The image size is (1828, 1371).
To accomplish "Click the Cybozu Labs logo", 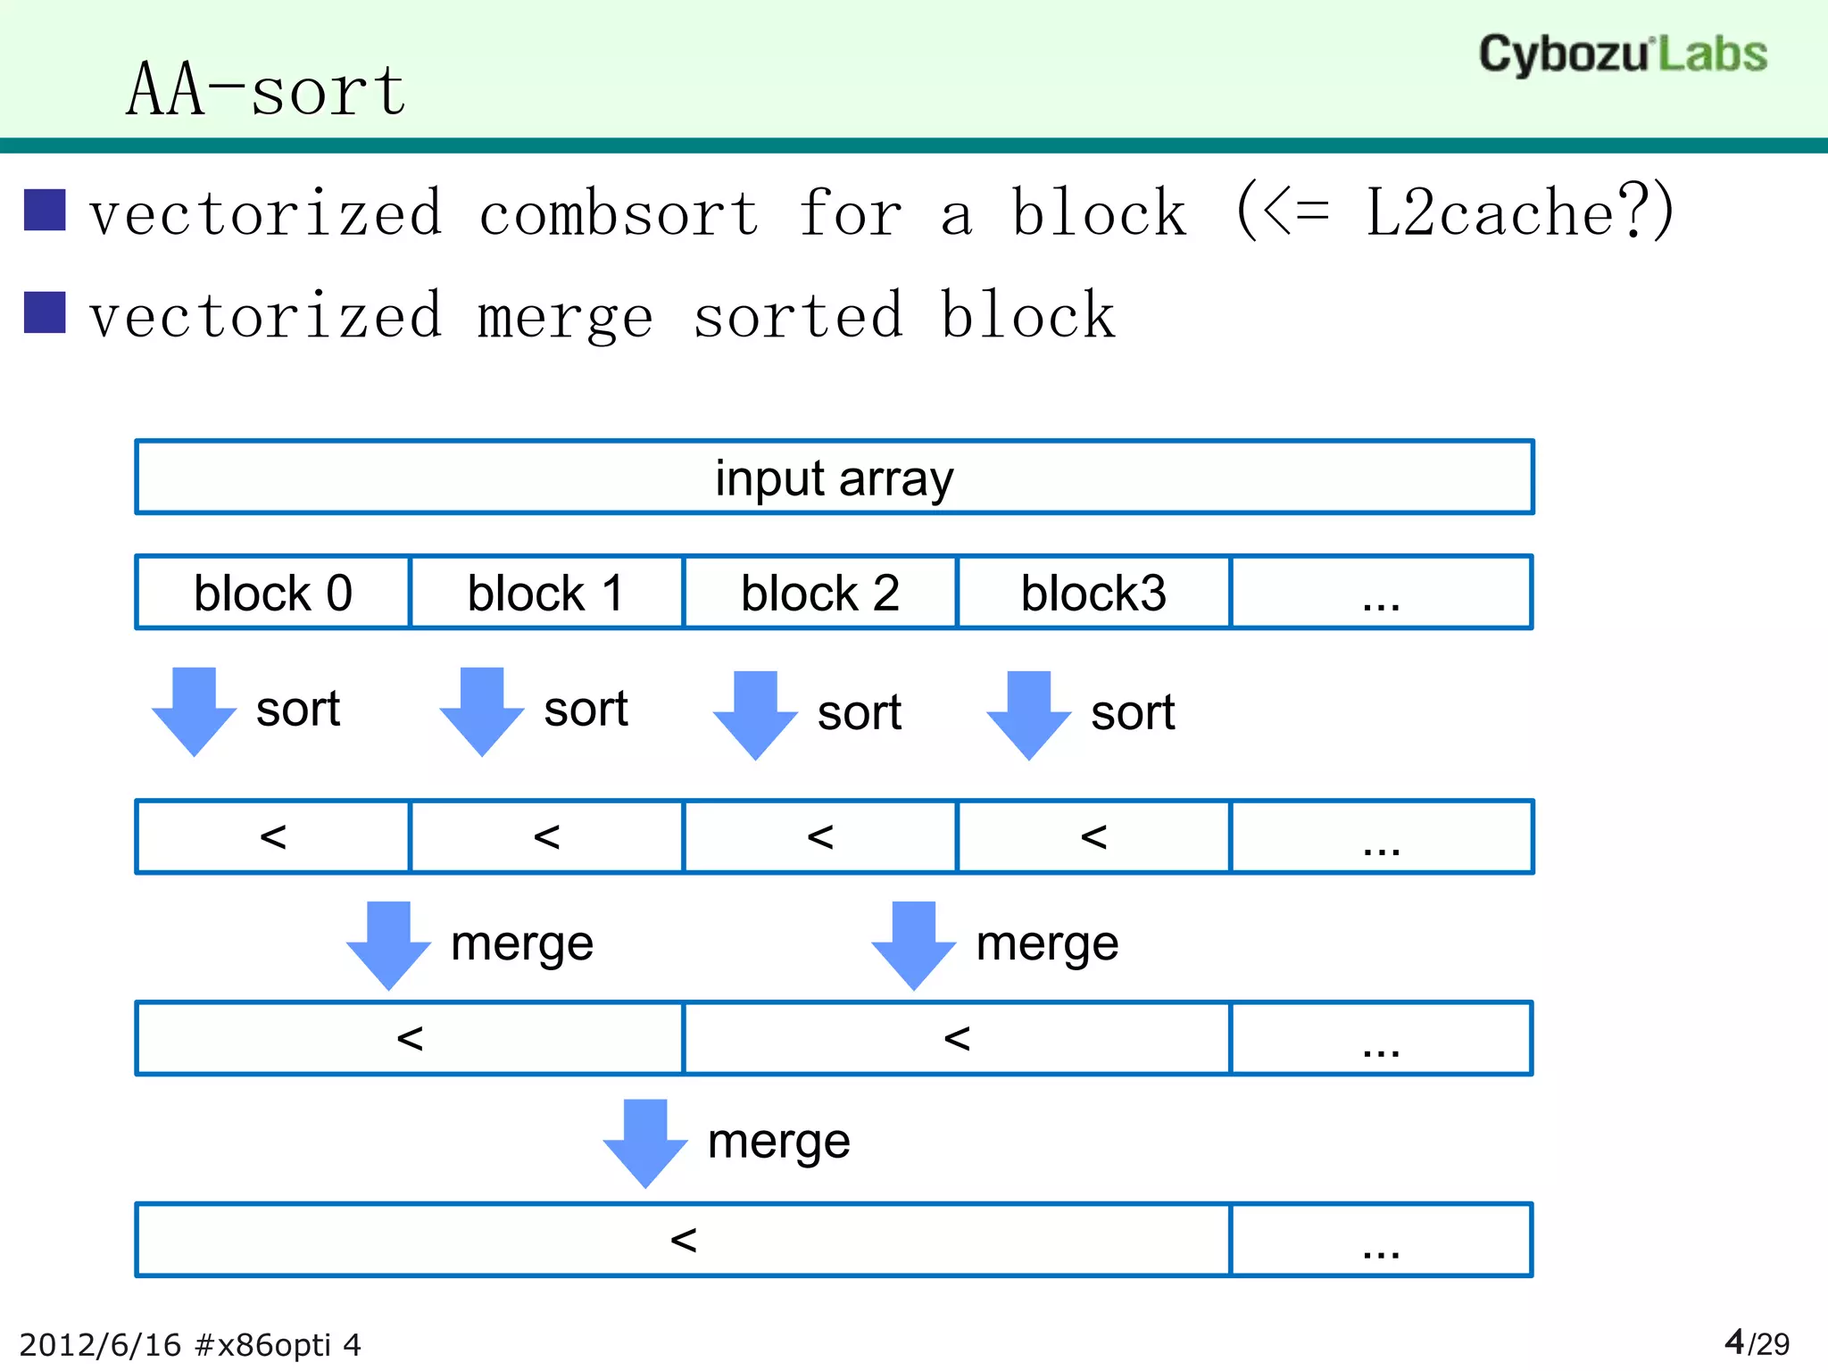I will (1622, 54).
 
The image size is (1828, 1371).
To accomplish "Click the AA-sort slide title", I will (266, 90).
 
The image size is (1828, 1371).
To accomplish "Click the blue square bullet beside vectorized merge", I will (45, 312).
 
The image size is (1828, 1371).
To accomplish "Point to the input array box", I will (834, 478).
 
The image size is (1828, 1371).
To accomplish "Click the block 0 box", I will (273, 593).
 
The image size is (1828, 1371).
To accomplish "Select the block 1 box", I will (546, 593).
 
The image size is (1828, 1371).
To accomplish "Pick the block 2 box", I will (819, 593).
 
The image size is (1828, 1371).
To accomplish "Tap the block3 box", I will (1093, 593).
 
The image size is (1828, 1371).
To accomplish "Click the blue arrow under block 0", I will (194, 711).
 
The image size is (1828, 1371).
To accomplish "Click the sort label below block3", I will (1133, 712).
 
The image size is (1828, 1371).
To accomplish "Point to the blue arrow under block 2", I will (755, 715).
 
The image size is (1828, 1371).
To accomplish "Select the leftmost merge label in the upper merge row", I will (522, 943).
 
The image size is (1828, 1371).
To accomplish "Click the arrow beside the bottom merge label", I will (645, 1142).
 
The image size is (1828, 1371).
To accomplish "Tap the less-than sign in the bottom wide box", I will (683, 1240).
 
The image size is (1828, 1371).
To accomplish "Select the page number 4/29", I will (1757, 1342).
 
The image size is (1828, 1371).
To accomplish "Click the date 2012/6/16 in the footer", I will (100, 1345).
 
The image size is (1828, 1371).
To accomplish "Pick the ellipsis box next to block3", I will (1381, 593).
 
